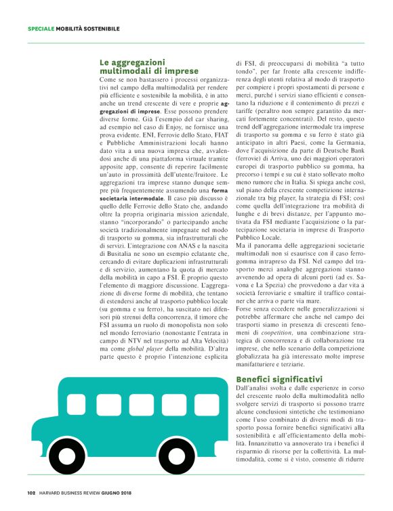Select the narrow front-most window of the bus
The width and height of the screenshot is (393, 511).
tap(207, 403)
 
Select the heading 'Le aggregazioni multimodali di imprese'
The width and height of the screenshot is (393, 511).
tap(149, 66)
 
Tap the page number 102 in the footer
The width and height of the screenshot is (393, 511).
tap(31, 492)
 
